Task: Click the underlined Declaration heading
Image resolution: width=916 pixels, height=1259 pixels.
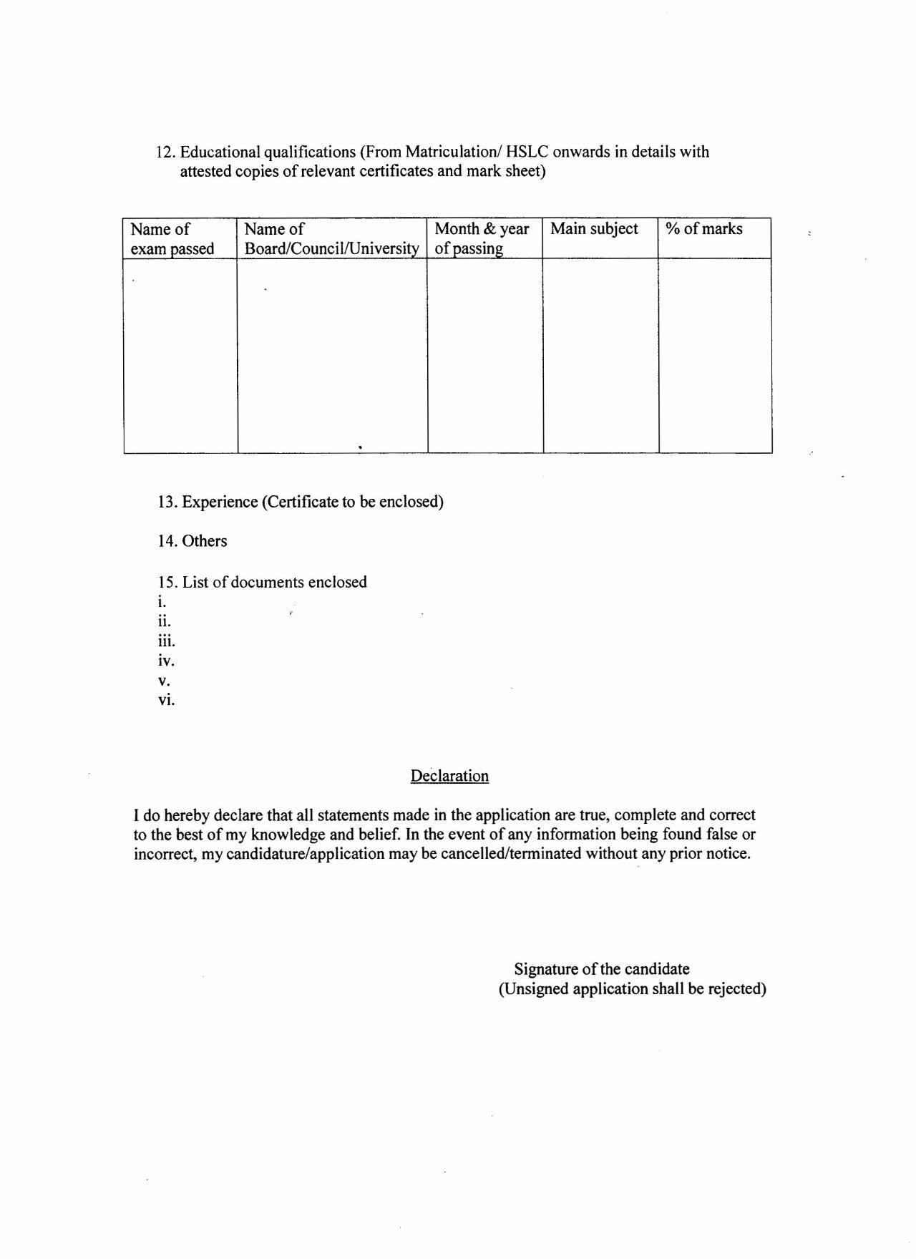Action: point(449,776)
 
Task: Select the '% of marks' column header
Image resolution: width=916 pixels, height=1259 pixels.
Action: point(703,229)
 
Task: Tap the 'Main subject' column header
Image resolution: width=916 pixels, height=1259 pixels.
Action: point(594,229)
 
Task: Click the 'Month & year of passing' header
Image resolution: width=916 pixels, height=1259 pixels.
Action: point(482,238)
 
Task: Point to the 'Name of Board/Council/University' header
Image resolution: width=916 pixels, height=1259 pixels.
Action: point(331,238)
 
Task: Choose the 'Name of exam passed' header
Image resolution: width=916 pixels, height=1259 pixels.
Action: point(172,238)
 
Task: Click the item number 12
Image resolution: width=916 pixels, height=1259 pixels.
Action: point(166,152)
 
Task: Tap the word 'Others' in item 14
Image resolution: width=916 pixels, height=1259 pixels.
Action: point(205,541)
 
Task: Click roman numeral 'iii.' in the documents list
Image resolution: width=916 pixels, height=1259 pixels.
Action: point(167,641)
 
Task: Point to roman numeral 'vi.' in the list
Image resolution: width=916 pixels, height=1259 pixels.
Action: point(167,700)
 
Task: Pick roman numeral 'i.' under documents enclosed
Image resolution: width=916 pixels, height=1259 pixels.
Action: point(162,602)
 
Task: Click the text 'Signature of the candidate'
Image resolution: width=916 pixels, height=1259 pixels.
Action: point(602,969)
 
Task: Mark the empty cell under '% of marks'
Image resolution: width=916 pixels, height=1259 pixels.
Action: point(715,355)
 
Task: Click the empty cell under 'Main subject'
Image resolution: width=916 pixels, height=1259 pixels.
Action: point(600,355)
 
